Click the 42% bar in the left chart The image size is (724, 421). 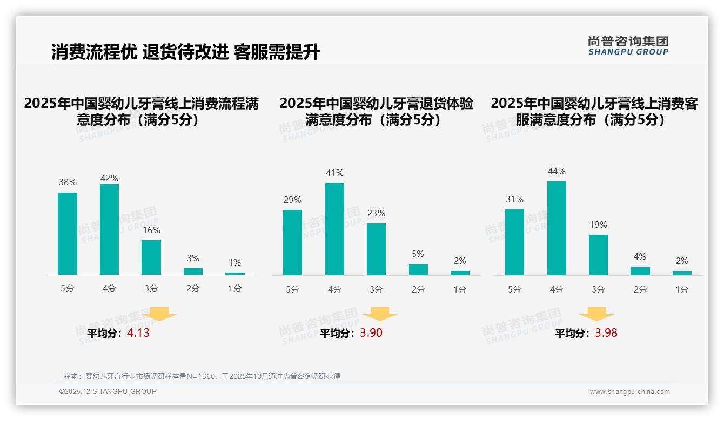click(x=109, y=229)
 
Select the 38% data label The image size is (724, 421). click(x=68, y=182)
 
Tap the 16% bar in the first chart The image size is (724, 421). click(x=151, y=257)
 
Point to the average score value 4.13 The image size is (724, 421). click(x=138, y=333)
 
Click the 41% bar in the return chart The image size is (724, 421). click(x=334, y=229)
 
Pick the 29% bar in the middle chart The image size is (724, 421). click(x=292, y=242)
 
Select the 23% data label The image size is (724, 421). click(x=377, y=213)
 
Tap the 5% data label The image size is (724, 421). click(x=418, y=254)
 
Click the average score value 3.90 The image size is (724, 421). click(x=371, y=333)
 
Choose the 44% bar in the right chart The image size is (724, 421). click(x=557, y=228)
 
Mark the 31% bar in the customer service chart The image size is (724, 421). click(x=514, y=242)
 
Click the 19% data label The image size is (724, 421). click(x=598, y=225)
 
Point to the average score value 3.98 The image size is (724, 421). click(x=606, y=333)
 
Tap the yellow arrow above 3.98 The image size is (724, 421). click(x=596, y=315)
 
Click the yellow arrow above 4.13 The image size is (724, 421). click(x=159, y=315)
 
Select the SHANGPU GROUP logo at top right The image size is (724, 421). click(x=628, y=46)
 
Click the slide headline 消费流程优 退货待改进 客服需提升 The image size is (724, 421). click(x=186, y=52)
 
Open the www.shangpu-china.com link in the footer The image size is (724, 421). click(x=629, y=392)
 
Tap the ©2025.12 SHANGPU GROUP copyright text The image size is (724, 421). click(x=108, y=391)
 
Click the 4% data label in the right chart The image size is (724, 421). click(x=640, y=256)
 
